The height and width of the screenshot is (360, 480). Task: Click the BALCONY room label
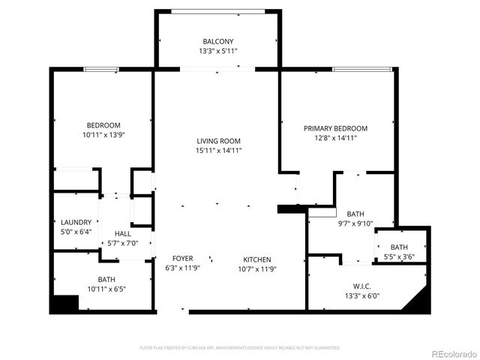point(217,41)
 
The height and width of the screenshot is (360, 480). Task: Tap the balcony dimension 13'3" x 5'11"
point(217,52)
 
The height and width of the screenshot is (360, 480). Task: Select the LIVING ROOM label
point(218,141)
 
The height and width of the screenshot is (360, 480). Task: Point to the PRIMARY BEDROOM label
point(335,128)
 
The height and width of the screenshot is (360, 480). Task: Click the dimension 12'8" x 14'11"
point(335,139)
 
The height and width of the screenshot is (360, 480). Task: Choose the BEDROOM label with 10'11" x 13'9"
point(103,125)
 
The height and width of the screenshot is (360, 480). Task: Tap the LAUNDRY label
point(76,222)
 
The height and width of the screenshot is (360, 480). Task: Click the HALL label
point(123,233)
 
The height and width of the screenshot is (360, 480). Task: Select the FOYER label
point(182,259)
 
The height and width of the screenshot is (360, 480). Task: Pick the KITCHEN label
point(256,259)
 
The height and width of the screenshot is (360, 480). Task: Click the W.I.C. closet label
point(362,285)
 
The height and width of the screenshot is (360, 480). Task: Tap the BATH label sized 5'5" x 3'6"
point(399,247)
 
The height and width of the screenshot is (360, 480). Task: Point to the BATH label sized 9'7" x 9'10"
point(355,213)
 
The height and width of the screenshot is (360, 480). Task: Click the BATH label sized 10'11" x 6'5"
point(106,279)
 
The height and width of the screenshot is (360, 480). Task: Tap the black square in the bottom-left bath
point(64,303)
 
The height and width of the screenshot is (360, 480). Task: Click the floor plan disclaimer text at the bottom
point(240,348)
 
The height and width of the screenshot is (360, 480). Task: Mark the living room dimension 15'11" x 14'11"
point(218,151)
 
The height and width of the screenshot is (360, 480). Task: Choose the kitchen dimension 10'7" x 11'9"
point(256,268)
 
